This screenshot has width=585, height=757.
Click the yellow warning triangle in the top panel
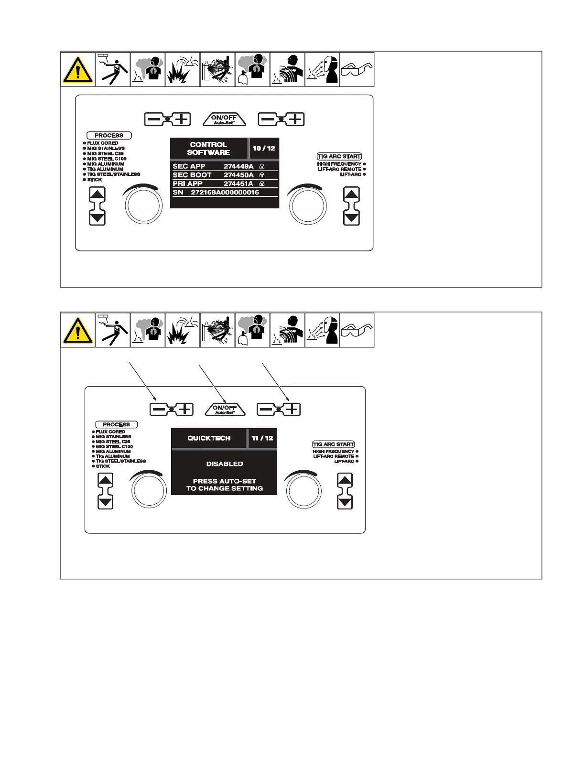coord(78,70)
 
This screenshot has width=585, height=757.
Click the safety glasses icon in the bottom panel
coord(357,330)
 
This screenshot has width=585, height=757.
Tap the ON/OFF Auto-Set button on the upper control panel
coord(224,119)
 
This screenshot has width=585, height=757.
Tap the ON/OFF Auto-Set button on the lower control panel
coord(225,409)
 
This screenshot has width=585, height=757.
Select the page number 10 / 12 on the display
coord(264,148)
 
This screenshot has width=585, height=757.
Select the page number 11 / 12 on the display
coord(262,438)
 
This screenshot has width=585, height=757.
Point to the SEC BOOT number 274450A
coord(238,175)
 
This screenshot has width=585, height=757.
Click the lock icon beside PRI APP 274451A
coord(262,184)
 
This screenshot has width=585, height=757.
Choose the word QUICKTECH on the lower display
coord(209,438)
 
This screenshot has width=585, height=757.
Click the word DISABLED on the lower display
coord(225,464)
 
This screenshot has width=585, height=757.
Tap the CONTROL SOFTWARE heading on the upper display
coord(208,148)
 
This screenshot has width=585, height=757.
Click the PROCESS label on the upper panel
coord(109,136)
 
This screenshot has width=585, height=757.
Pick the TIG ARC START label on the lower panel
coord(334,444)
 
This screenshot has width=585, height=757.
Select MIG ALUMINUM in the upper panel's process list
coord(106,164)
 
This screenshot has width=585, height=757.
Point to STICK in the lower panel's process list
coord(103,466)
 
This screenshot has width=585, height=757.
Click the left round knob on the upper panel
coord(143,206)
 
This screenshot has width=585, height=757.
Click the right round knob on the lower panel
coord(303,491)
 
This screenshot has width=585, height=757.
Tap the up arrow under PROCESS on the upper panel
coord(97,195)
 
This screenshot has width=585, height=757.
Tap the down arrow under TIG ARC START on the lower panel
coord(345,502)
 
